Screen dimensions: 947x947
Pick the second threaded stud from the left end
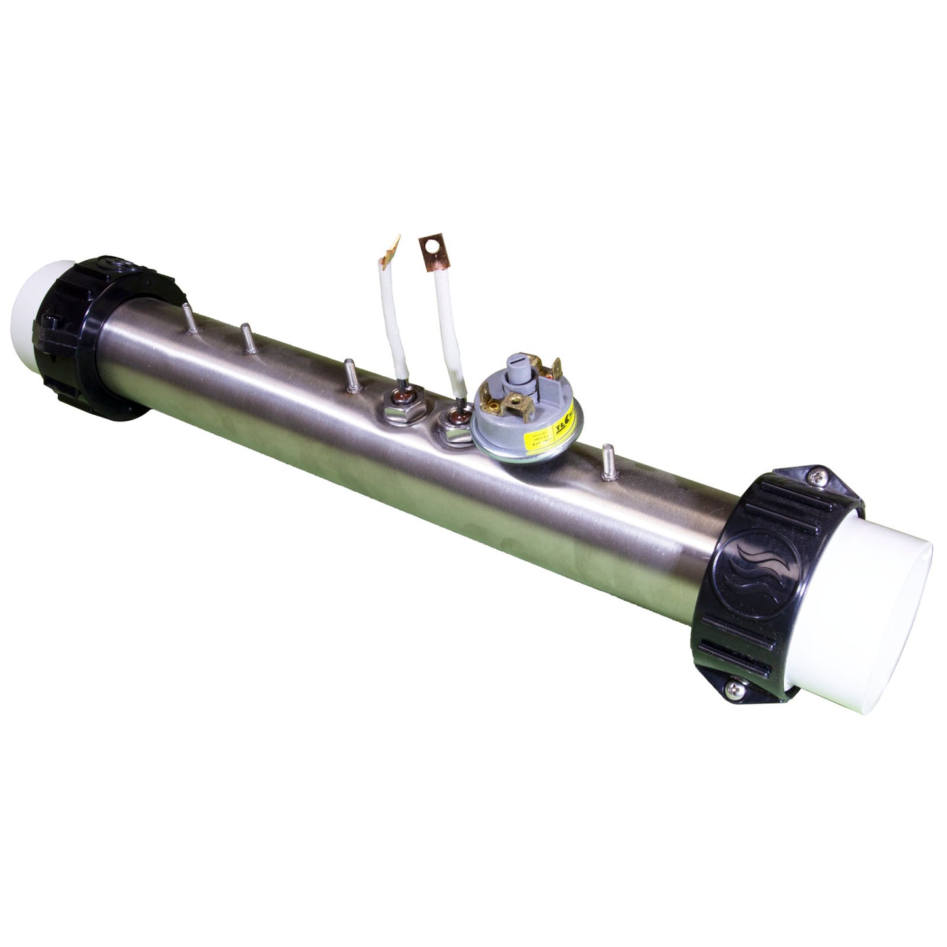(x=247, y=338)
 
